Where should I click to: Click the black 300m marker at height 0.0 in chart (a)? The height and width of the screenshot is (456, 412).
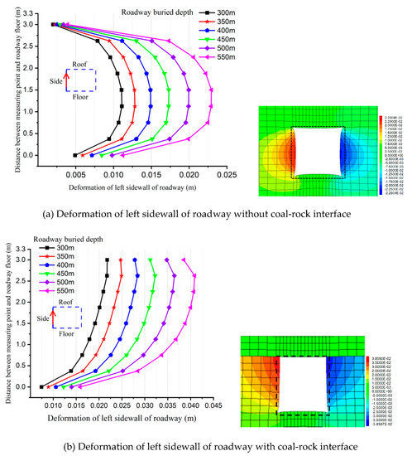(75, 154)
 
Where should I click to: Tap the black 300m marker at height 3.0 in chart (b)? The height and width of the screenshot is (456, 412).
(107, 260)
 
